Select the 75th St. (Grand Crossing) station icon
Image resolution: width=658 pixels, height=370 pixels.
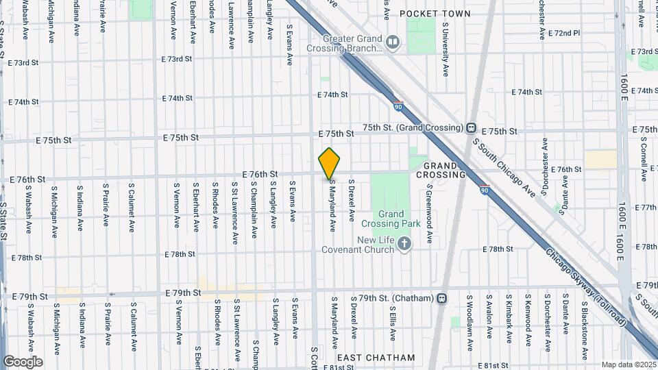pos(472,128)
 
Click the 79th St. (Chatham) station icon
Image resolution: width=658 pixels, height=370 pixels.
pos(442,298)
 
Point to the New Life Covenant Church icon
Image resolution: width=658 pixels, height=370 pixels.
pos(404,243)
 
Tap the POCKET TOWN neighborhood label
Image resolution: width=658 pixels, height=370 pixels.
pos(435,14)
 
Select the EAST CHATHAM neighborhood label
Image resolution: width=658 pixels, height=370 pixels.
pos(376,358)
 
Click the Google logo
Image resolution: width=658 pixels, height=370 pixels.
pos(23,361)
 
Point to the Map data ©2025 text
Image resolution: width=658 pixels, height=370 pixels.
pos(628,365)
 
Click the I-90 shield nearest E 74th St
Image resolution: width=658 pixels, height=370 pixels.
pos(398,106)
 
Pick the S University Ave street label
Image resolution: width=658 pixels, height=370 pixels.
pos(445,48)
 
